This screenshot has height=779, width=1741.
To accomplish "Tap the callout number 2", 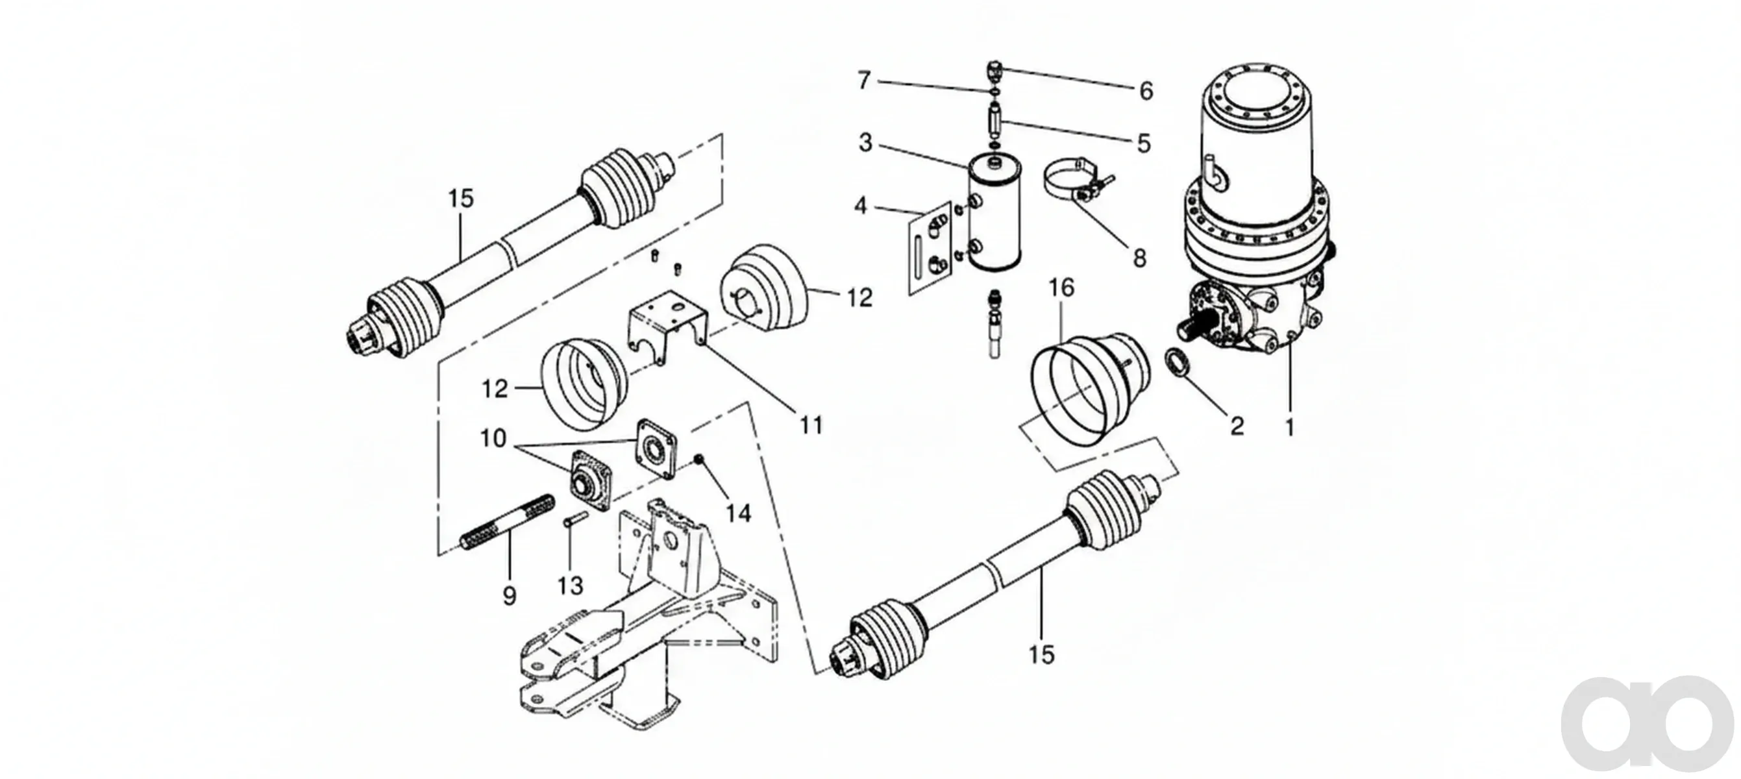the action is [1237, 426].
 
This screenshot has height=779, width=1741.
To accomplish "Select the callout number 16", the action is [1061, 288].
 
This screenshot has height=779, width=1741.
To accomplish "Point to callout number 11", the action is [811, 425].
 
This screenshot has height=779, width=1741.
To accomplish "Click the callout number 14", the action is [738, 513].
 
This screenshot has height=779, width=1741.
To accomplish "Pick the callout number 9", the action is [510, 595].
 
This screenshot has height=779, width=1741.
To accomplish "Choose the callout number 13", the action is [571, 585].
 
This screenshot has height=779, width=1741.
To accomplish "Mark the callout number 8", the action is [1139, 258].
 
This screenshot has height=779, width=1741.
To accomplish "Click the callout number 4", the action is [860, 205].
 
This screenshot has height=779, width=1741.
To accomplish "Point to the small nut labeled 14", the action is [700, 460].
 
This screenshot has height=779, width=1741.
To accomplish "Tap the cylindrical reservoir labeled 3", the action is [995, 213].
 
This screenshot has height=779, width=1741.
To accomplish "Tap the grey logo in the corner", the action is [1648, 724].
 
